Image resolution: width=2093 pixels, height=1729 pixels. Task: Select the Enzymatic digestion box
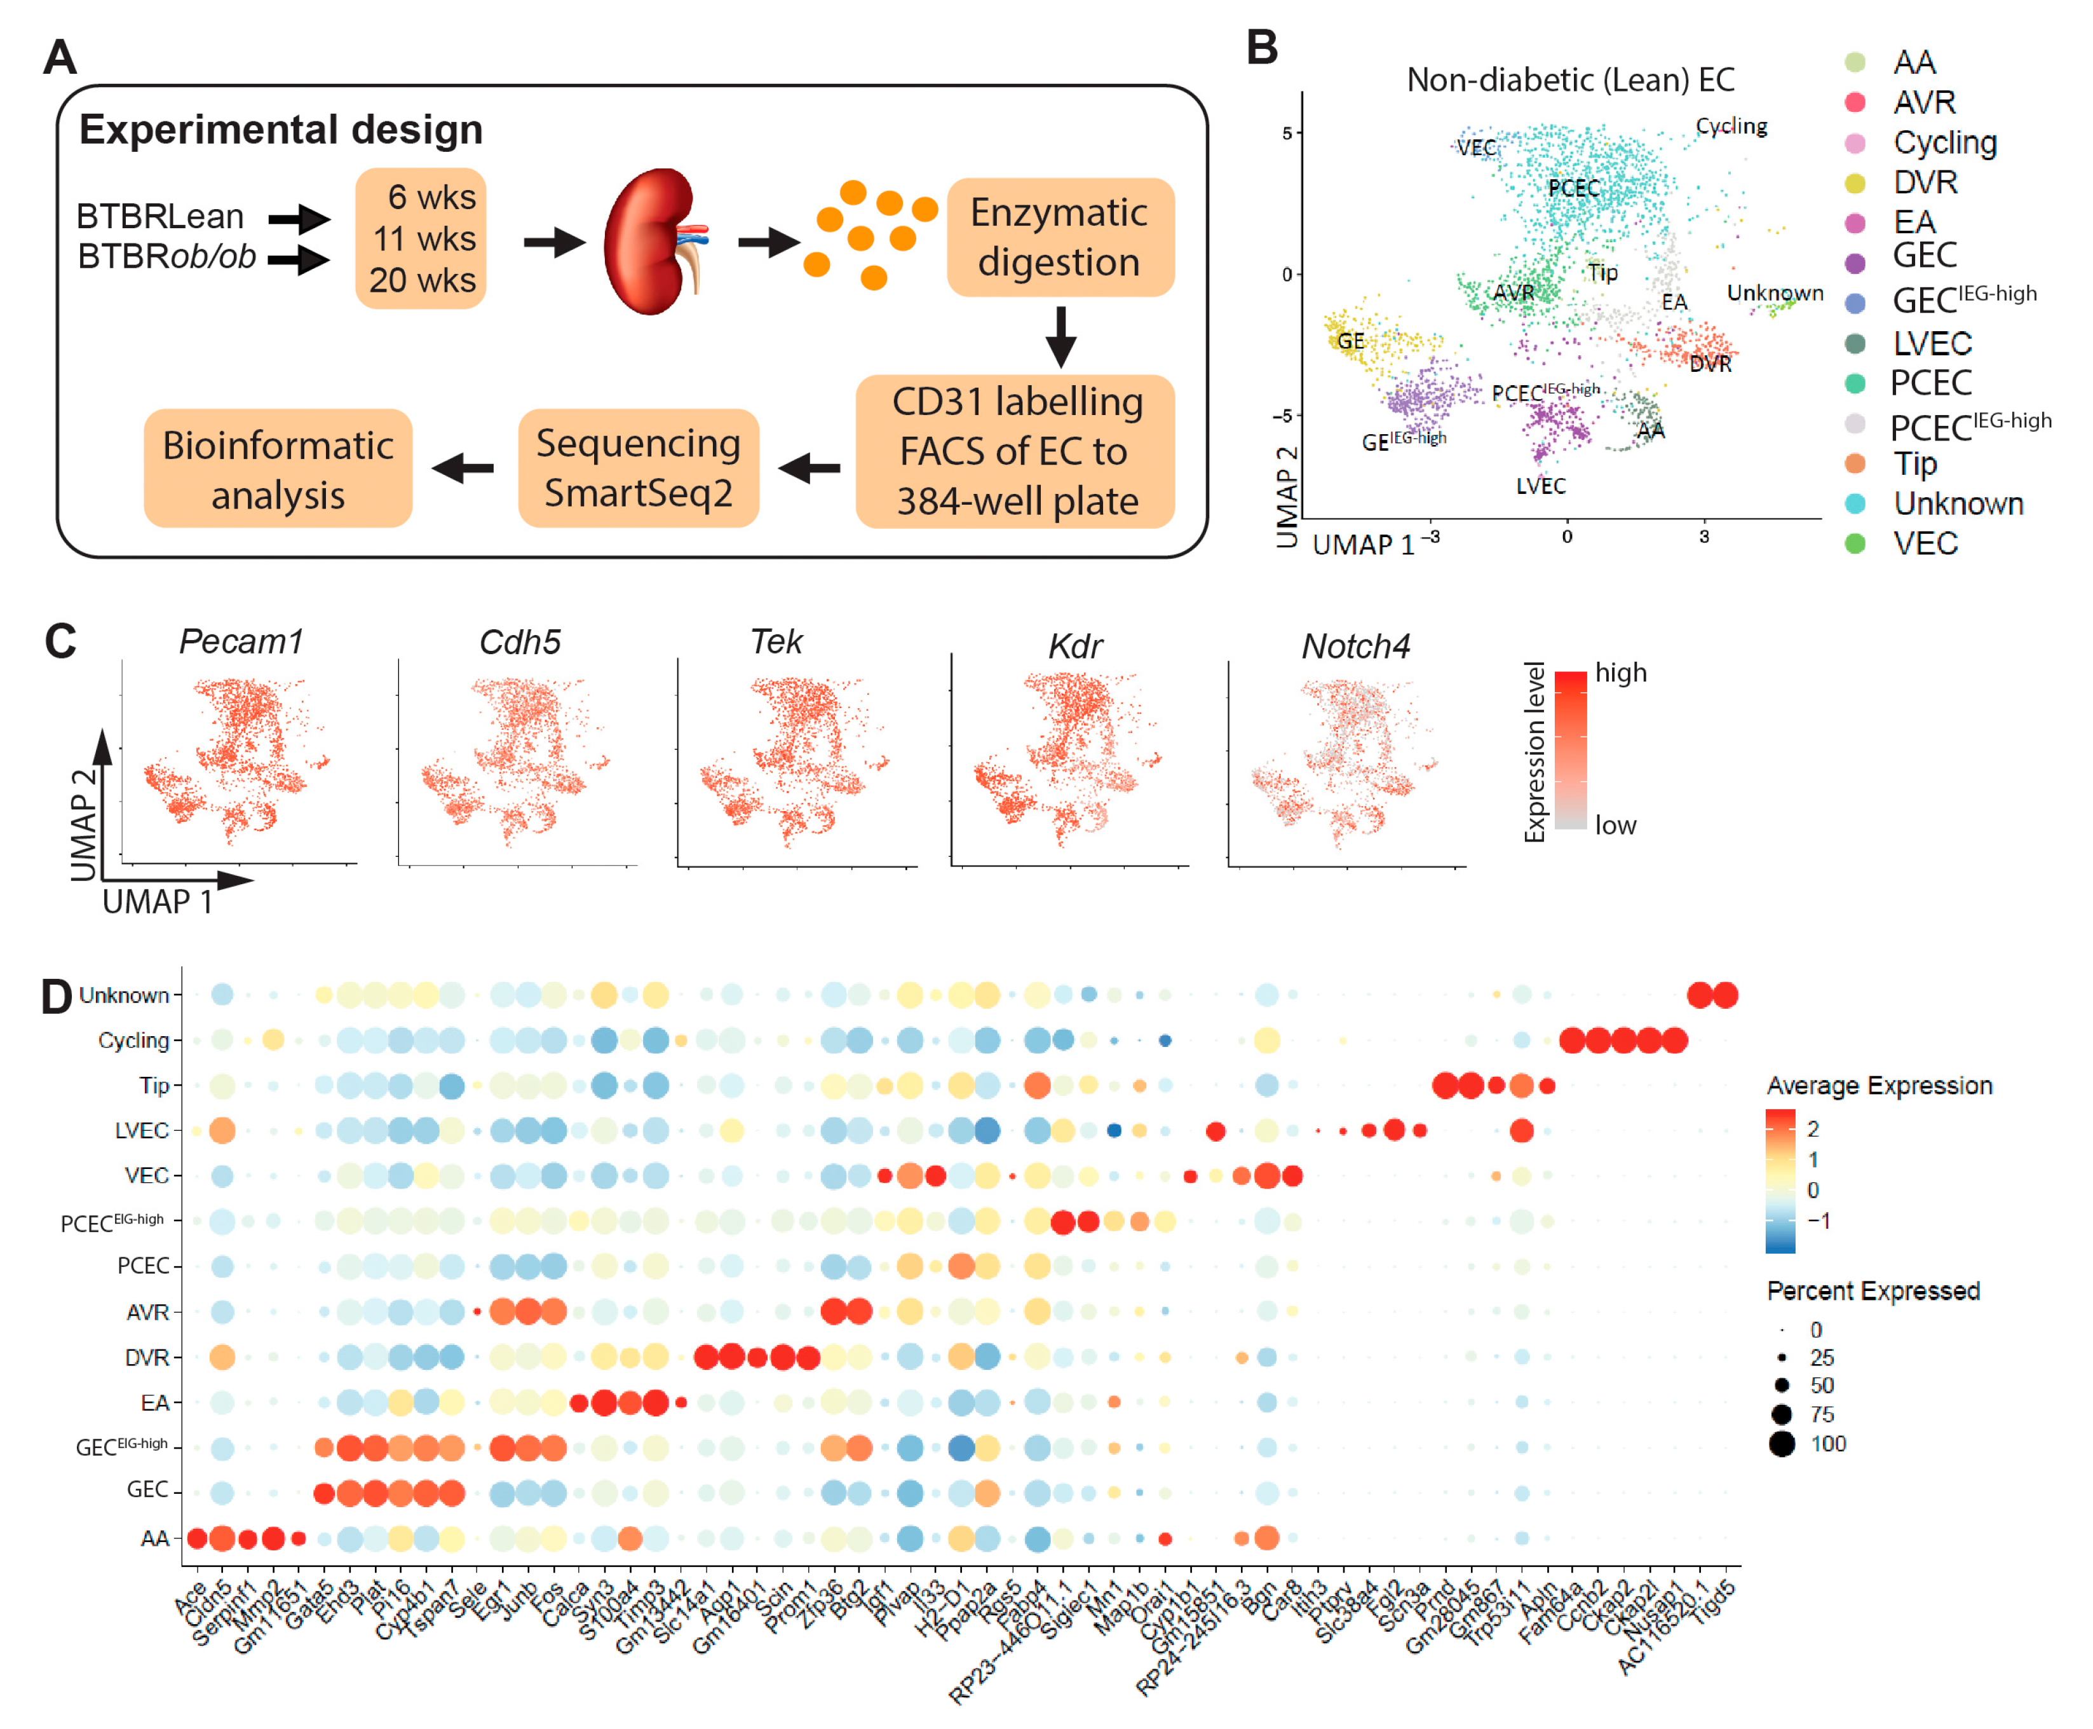tap(1059, 237)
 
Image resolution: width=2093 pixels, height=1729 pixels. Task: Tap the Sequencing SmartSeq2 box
tap(637, 467)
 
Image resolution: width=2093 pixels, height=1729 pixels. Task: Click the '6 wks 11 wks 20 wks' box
tap(421, 239)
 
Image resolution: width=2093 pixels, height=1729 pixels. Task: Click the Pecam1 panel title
tap(241, 641)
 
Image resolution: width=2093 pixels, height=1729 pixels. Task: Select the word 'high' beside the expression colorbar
tap(1620, 673)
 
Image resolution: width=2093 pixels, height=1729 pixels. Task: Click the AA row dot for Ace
tap(197, 1539)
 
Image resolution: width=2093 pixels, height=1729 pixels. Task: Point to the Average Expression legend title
tap(1878, 1086)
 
